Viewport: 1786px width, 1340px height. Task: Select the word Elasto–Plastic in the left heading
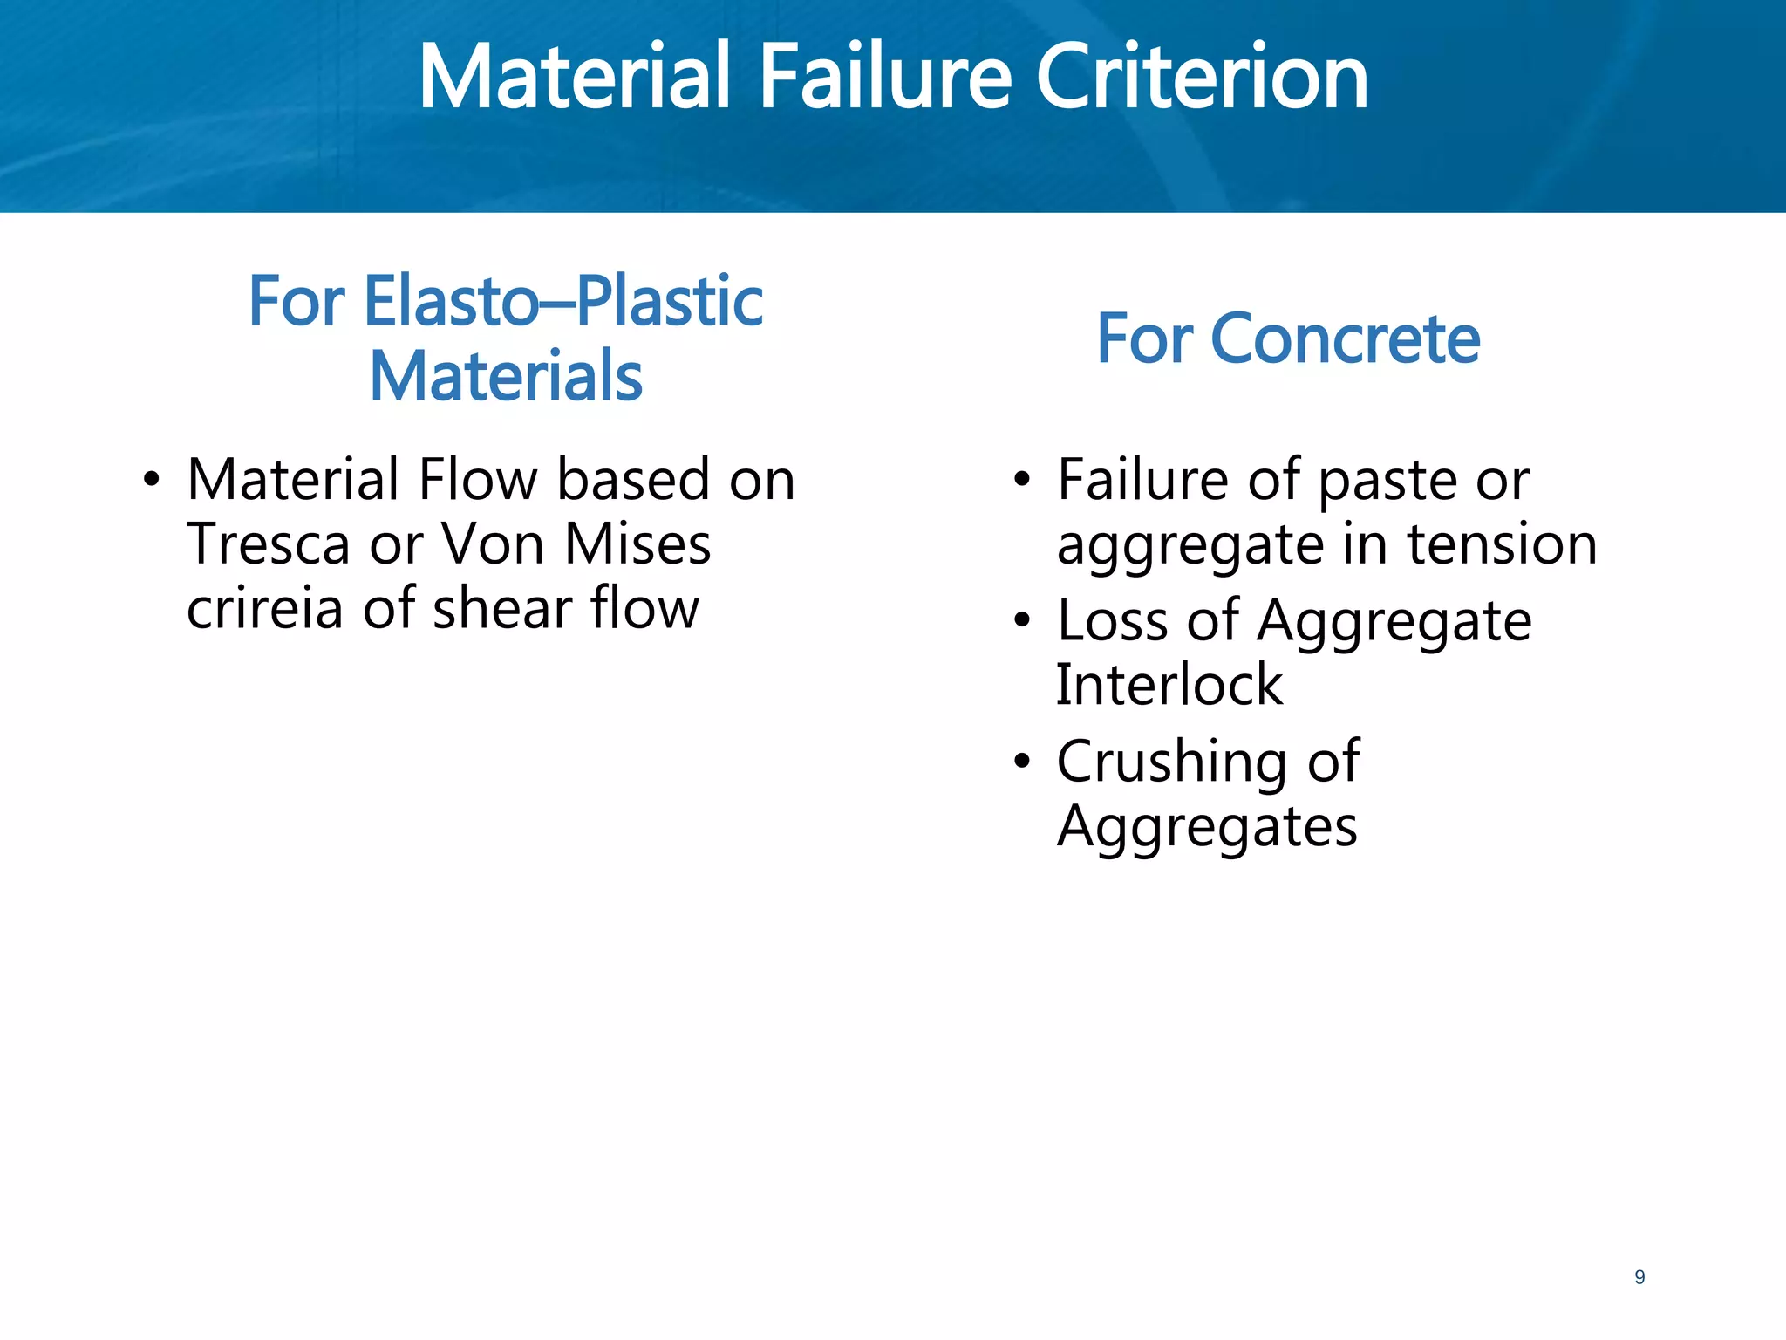click(x=563, y=301)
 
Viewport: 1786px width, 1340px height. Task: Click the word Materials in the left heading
click(x=506, y=376)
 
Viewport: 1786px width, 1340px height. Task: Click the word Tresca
click(x=268, y=544)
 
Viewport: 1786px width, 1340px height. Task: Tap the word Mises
click(x=637, y=544)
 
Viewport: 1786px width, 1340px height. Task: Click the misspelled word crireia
click(x=265, y=608)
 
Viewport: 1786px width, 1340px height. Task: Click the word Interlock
click(x=1169, y=685)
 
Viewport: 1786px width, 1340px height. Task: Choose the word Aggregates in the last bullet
click(x=1207, y=826)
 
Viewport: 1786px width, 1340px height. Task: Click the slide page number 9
click(x=1639, y=1277)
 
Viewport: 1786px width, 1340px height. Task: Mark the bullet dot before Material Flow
click(x=152, y=480)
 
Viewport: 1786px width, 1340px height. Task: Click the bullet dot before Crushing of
click(x=1022, y=762)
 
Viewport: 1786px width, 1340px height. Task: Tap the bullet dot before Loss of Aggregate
click(x=1022, y=620)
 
